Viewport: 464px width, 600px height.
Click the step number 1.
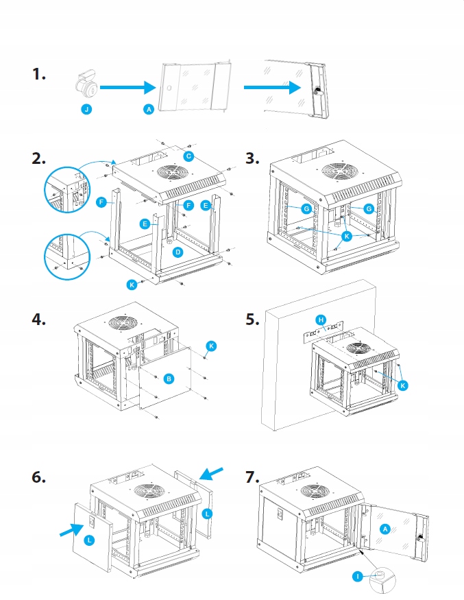click(x=38, y=74)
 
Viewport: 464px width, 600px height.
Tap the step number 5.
click(x=252, y=319)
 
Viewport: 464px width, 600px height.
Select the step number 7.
click(x=252, y=477)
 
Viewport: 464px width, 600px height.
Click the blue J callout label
click(x=86, y=110)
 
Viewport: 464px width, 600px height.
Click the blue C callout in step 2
click(x=188, y=156)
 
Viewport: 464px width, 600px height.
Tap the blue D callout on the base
click(x=178, y=252)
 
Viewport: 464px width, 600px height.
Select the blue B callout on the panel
click(x=169, y=379)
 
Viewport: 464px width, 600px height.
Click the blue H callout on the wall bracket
click(x=321, y=320)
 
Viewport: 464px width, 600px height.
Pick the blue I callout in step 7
click(x=357, y=576)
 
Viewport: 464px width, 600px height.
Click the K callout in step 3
click(x=347, y=236)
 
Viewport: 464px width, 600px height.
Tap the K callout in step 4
click(x=211, y=346)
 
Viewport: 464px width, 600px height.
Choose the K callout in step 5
click(x=402, y=385)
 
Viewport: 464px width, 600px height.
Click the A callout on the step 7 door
click(x=384, y=529)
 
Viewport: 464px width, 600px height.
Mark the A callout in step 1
click(x=149, y=110)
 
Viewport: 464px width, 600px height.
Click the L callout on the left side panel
click(x=88, y=540)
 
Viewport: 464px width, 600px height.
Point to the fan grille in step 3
click(x=339, y=171)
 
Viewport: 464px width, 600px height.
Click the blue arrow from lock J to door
click(x=128, y=87)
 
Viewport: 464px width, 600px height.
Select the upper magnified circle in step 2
click(x=67, y=189)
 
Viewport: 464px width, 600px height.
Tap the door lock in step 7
click(x=420, y=538)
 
